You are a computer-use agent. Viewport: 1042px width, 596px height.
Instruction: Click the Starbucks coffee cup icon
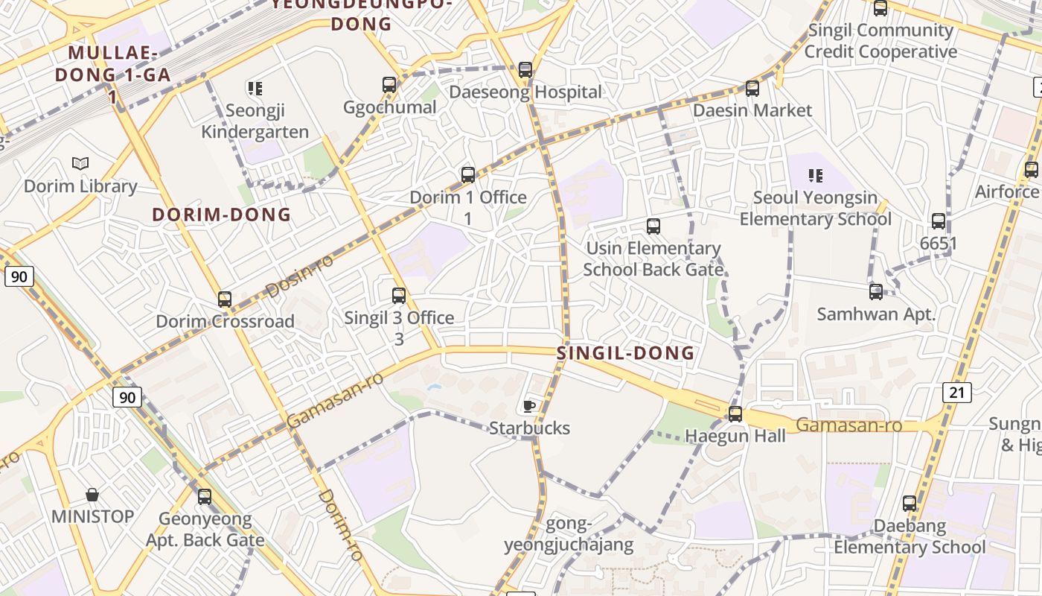tap(529, 406)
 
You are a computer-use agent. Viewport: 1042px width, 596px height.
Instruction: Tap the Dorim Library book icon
tap(80, 163)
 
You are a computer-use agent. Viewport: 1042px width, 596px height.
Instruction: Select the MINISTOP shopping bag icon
tap(92, 495)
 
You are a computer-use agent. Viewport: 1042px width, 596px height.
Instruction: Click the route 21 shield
tap(956, 392)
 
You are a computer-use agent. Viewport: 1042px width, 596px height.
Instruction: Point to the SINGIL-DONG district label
tap(625, 353)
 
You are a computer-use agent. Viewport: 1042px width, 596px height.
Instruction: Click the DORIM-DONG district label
tap(222, 215)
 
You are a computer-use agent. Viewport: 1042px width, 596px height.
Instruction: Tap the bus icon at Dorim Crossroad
tap(225, 299)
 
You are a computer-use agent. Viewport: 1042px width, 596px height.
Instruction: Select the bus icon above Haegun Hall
tap(735, 414)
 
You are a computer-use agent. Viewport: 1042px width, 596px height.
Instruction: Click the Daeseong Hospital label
tap(525, 92)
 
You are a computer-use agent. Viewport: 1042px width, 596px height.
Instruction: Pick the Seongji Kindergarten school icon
tap(256, 89)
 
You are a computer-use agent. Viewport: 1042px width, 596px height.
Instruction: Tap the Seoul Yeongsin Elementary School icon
tap(816, 176)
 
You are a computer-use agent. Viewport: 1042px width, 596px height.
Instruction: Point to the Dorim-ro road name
tap(339, 524)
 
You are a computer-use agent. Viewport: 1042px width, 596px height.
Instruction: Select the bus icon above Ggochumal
tap(389, 85)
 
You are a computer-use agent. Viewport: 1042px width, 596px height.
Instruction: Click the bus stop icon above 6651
tap(939, 221)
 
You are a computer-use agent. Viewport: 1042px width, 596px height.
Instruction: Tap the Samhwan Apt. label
tap(876, 314)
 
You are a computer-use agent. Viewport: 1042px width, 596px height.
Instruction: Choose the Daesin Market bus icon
tap(752, 89)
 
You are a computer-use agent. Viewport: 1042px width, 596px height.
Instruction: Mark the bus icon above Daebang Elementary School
tap(910, 504)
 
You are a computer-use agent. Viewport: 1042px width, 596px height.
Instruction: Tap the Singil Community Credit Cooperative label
tap(880, 41)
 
